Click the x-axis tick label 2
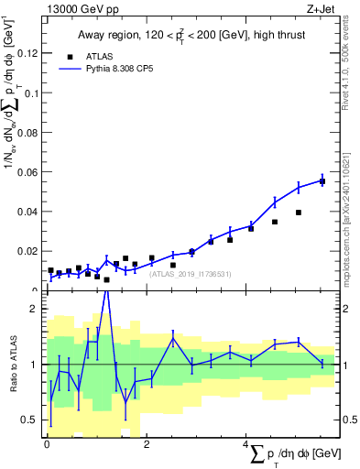147,444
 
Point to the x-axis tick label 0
47,444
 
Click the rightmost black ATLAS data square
322,180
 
